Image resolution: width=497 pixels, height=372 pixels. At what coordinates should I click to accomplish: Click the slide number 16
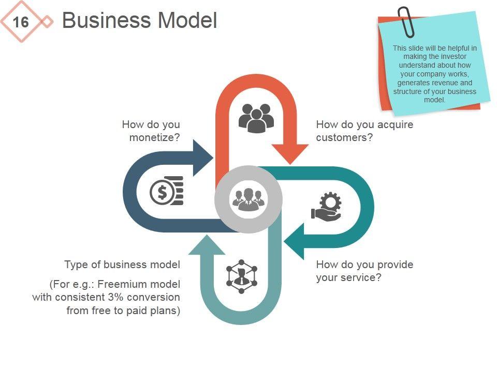pyautogui.click(x=21, y=22)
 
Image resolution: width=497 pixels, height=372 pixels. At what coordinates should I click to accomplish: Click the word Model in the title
pyautogui.click(x=187, y=20)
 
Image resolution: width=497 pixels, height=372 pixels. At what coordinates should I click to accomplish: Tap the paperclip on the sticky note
pyautogui.click(x=406, y=22)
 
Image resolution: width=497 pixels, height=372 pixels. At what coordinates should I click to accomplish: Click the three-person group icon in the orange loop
pyautogui.click(x=256, y=118)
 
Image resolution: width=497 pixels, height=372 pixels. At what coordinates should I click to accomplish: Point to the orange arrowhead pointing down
pyautogui.click(x=290, y=154)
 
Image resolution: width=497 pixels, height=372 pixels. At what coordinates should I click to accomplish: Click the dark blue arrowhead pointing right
pyautogui.click(x=203, y=158)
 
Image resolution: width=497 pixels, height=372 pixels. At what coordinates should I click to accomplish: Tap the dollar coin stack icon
pyautogui.click(x=167, y=191)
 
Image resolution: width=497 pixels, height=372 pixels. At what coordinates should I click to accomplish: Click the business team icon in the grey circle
pyautogui.click(x=248, y=199)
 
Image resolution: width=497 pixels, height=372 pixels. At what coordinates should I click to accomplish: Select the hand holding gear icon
pyautogui.click(x=326, y=207)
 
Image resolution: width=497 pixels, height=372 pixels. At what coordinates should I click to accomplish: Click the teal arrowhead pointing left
pyautogui.click(x=294, y=241)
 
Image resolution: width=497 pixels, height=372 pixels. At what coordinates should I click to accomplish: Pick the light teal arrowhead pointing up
pyautogui.click(x=207, y=244)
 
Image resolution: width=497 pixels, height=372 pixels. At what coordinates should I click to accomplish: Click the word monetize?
pyautogui.click(x=155, y=137)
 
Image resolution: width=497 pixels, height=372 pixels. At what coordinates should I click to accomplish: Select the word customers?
pyautogui.click(x=345, y=137)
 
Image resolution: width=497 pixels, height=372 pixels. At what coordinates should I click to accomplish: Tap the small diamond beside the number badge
pyautogui.click(x=47, y=22)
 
